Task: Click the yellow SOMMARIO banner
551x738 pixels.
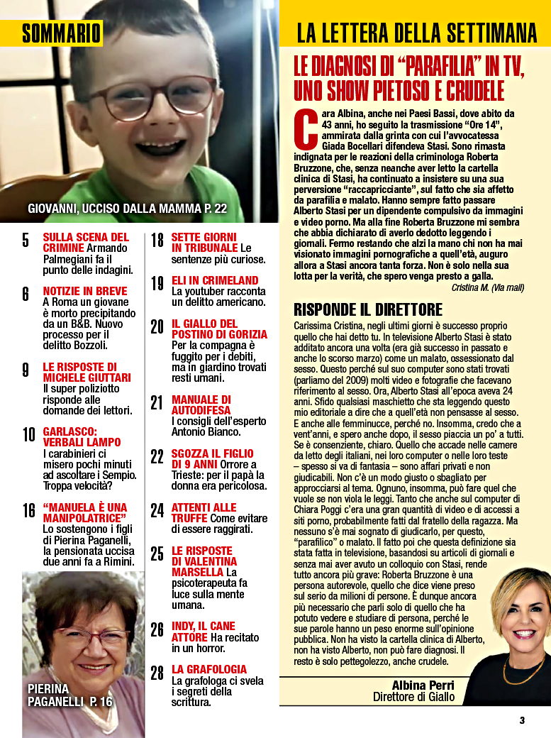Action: (x=61, y=33)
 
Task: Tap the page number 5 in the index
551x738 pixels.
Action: (x=26, y=240)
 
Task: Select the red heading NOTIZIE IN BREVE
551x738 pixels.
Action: (x=85, y=291)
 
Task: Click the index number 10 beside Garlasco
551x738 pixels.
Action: (x=28, y=435)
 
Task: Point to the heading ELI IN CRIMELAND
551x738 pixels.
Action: (x=215, y=280)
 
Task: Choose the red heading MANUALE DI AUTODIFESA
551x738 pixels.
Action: (x=201, y=405)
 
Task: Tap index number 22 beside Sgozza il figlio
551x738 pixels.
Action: (x=157, y=456)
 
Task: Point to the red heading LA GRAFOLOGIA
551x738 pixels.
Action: (x=209, y=669)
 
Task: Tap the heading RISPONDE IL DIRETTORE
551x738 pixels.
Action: (x=368, y=309)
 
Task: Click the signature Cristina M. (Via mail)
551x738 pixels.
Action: (x=487, y=287)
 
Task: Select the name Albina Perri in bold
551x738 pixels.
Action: (x=423, y=685)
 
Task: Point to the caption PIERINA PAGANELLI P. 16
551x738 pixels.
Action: (x=69, y=695)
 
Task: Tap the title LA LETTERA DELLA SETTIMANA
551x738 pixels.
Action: (x=416, y=33)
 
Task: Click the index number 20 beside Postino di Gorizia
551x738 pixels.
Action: (x=157, y=326)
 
